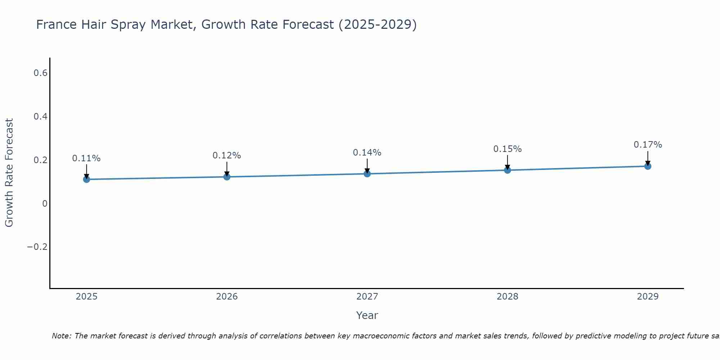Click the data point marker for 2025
pyautogui.click(x=86, y=179)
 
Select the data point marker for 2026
pyautogui.click(x=227, y=177)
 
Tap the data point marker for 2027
pyautogui.click(x=367, y=174)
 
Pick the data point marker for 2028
pyautogui.click(x=507, y=170)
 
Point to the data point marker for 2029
pyautogui.click(x=648, y=166)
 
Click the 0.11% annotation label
pyautogui.click(x=86, y=158)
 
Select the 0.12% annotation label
pyautogui.click(x=227, y=156)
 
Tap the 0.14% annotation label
pyautogui.click(x=367, y=153)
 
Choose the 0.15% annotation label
pyautogui.click(x=507, y=149)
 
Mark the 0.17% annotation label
pyautogui.click(x=648, y=145)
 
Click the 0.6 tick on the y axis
pyautogui.click(x=40, y=73)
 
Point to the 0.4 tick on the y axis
pyautogui.click(x=40, y=117)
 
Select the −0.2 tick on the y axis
pyautogui.click(x=37, y=247)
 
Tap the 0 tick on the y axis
pyautogui.click(x=45, y=204)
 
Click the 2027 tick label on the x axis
pyautogui.click(x=367, y=297)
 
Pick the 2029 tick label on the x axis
pyautogui.click(x=648, y=297)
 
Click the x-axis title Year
pyautogui.click(x=367, y=315)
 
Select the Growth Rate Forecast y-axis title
pyautogui.click(x=9, y=173)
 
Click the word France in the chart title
pyautogui.click(x=57, y=25)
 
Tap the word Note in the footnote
pyautogui.click(x=61, y=336)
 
